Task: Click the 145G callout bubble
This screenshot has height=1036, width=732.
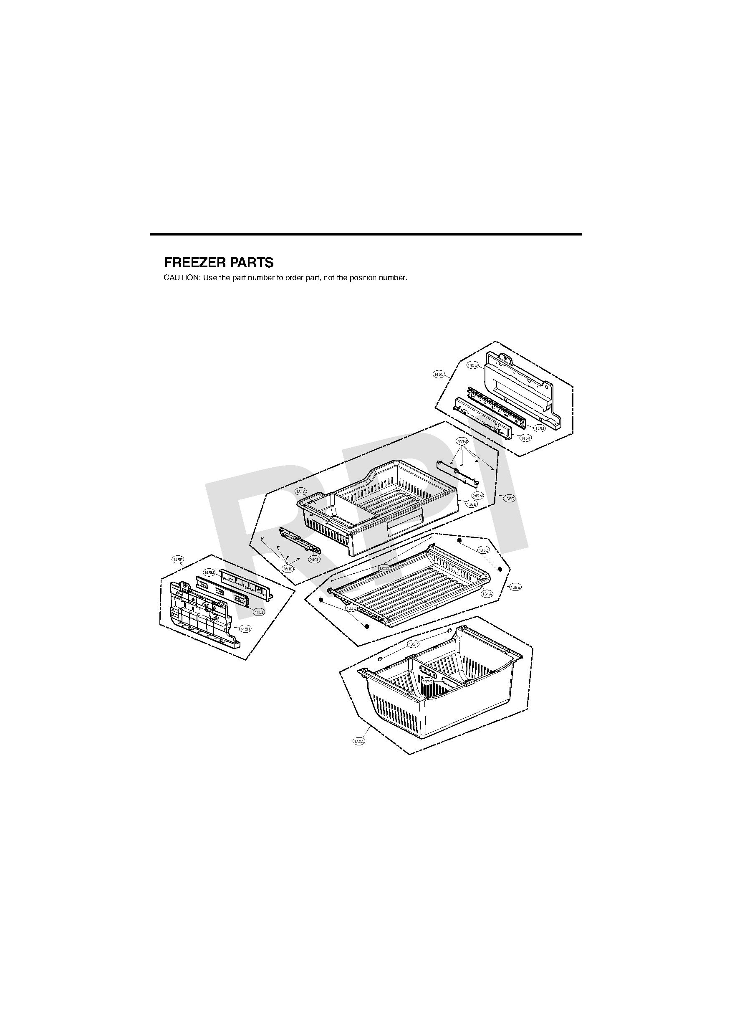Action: click(472, 365)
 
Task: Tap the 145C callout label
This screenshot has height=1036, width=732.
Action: click(439, 374)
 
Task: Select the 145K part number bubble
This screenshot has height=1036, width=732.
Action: click(525, 438)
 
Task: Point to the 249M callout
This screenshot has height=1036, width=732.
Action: click(477, 496)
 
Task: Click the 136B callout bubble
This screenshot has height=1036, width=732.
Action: click(471, 504)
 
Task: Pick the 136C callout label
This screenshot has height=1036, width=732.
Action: click(509, 499)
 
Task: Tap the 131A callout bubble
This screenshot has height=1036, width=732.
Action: click(301, 491)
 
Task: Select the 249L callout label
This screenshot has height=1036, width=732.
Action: click(314, 560)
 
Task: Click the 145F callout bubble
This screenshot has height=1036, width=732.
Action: click(178, 560)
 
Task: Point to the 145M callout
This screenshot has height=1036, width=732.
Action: click(209, 572)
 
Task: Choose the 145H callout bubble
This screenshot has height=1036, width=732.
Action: click(245, 629)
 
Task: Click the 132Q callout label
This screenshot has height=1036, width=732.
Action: click(384, 569)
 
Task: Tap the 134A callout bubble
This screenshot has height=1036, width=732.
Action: click(487, 594)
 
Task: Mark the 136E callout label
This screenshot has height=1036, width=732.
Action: click(515, 587)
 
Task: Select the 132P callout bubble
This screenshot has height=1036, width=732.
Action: click(413, 644)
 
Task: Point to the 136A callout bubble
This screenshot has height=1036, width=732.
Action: click(359, 741)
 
